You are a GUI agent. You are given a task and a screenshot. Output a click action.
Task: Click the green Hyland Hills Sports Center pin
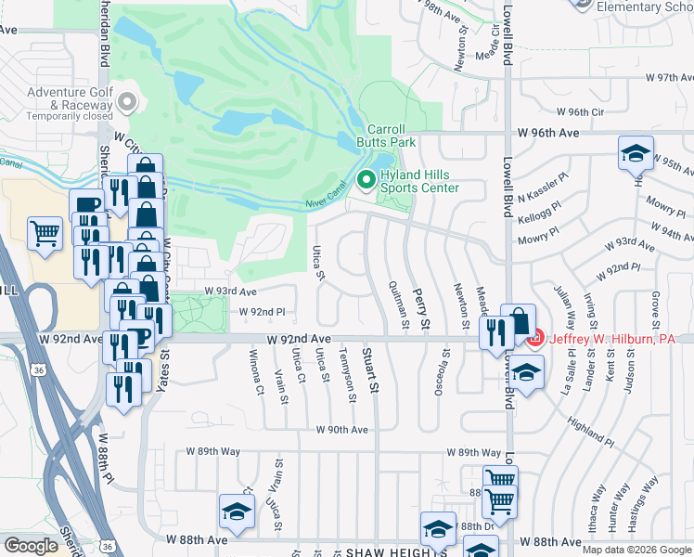click(x=366, y=180)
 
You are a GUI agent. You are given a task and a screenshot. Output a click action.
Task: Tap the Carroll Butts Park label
click(x=386, y=136)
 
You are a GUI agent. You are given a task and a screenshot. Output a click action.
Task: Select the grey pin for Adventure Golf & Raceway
click(x=127, y=101)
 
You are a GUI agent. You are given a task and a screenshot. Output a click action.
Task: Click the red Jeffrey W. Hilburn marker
click(x=534, y=340)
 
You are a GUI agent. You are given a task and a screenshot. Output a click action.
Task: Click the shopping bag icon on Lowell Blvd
click(x=519, y=321)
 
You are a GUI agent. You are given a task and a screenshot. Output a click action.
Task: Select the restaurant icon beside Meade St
click(x=496, y=331)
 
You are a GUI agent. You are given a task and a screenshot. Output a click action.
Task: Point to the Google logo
click(x=31, y=546)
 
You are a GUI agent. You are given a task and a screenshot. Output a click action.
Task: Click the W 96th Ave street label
click(x=549, y=133)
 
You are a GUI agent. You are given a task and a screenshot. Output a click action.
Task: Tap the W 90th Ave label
click(x=341, y=430)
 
